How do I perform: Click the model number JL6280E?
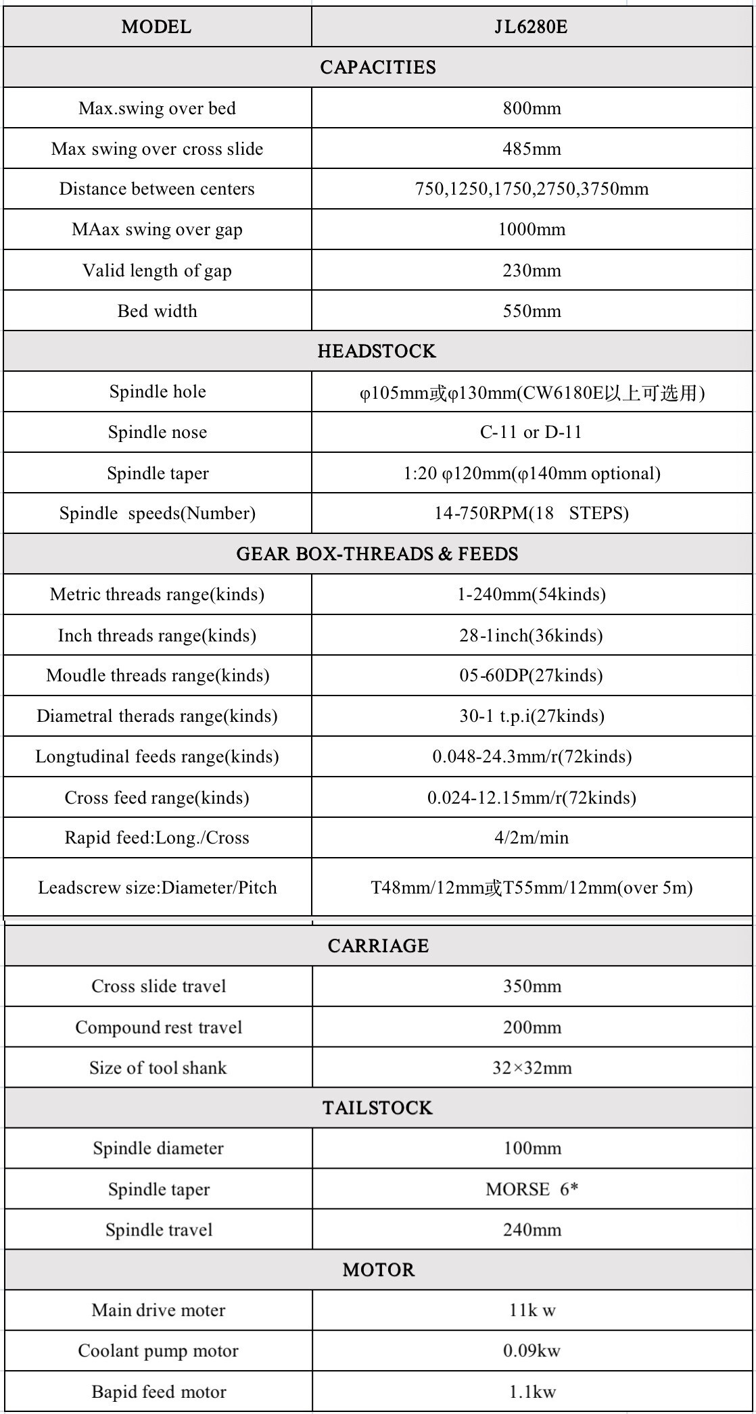click(x=531, y=27)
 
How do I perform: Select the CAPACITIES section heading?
click(x=378, y=68)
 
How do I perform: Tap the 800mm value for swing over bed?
click(x=531, y=108)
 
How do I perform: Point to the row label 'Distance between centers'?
click(x=157, y=189)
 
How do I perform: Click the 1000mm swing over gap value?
click(x=531, y=229)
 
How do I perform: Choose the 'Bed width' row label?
click(x=157, y=311)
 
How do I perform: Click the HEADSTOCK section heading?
click(x=377, y=351)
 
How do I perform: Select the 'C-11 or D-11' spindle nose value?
click(x=531, y=432)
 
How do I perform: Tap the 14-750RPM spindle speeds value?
click(x=531, y=513)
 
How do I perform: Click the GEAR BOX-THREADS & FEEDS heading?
click(x=377, y=554)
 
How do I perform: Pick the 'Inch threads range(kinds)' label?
click(x=157, y=635)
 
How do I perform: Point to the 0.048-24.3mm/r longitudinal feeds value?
click(x=531, y=756)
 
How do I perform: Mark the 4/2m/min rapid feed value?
click(x=531, y=837)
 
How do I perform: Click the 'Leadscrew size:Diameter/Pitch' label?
click(x=157, y=887)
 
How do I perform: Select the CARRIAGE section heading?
click(x=378, y=946)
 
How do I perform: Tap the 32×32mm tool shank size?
click(x=531, y=1068)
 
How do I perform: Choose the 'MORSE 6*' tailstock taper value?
click(x=531, y=1189)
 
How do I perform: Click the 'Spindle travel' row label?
click(x=159, y=1229)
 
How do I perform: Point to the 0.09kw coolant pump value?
click(x=531, y=1351)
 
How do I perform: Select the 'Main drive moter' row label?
click(x=158, y=1311)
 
